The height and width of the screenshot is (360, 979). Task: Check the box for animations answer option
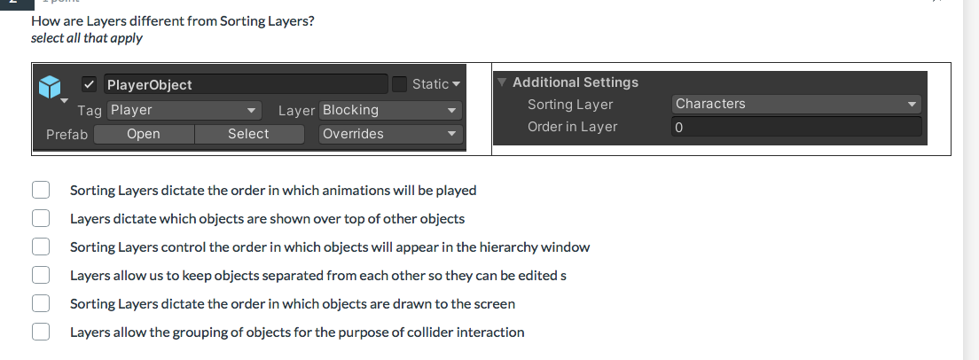41,190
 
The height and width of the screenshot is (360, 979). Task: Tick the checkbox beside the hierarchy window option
41,247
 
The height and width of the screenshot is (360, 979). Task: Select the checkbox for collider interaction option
41,332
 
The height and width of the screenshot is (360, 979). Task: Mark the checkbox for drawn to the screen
41,303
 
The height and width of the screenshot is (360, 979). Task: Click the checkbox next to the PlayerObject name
90,84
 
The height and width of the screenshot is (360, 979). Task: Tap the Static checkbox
400,84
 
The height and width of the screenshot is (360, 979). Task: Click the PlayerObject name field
246,85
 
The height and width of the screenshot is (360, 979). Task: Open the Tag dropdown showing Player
184,110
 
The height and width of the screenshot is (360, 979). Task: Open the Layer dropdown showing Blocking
390,110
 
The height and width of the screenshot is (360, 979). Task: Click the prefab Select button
248,134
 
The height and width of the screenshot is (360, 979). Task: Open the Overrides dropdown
390,134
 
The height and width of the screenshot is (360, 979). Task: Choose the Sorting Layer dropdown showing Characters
796,104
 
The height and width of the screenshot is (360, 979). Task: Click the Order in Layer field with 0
796,127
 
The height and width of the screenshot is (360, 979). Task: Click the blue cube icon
51,86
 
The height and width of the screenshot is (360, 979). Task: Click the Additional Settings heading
575,82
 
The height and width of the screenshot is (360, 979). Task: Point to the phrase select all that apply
86,38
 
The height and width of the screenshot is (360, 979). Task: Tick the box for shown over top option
41,218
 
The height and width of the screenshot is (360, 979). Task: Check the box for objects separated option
41,275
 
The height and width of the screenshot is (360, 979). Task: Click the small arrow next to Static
457,84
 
